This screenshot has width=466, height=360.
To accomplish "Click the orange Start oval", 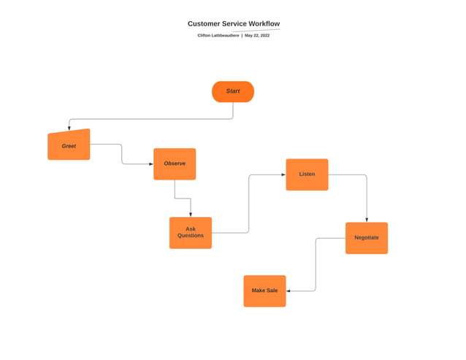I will (233, 91).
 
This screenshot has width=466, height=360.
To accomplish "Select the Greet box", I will (69, 145).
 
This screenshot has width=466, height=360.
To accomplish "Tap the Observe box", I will (175, 164).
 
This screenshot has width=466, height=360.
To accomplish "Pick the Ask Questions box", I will (191, 232).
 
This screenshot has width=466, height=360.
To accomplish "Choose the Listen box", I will (307, 175).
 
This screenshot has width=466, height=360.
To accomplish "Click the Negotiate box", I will (367, 238).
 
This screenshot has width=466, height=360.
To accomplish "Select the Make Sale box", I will (264, 291).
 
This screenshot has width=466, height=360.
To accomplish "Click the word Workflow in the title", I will (263, 24).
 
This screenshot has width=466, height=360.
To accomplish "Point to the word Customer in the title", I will (204, 24).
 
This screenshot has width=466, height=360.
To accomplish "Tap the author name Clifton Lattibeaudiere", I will (218, 35).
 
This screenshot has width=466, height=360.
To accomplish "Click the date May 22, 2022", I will (257, 35).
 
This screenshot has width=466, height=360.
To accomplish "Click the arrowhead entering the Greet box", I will (69, 129).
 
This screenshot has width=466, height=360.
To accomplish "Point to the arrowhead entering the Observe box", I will (150, 164).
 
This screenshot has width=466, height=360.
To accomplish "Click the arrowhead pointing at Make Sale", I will (289, 291).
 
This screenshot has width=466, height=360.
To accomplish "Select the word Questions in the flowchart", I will (191, 236).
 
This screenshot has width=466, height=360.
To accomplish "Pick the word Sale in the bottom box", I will (272, 291).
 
